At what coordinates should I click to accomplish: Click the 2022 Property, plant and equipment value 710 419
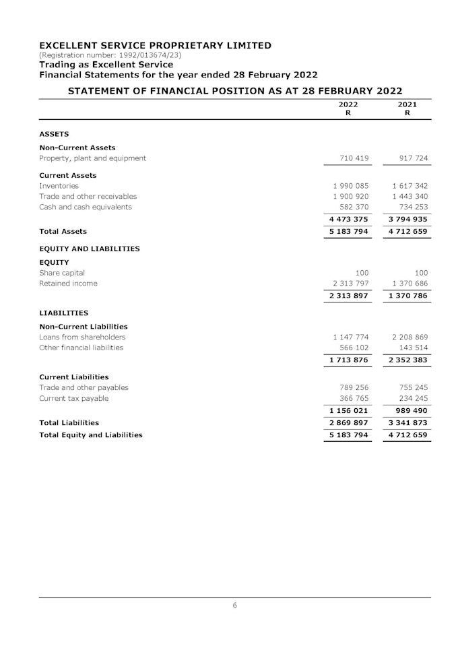tap(351, 158)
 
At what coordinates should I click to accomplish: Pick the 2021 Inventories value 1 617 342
tap(410, 186)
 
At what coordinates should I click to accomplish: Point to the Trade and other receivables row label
tap(88, 197)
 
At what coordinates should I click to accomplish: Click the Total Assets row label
tap(63, 232)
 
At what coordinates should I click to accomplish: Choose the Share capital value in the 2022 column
tap(362, 273)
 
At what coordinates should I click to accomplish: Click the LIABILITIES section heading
tap(64, 313)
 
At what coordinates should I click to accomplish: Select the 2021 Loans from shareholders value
tap(410, 337)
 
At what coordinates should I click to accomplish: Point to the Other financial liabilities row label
tap(81, 348)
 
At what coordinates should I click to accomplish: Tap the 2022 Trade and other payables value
tap(351, 388)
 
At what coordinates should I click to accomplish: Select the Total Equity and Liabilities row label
tap(91, 435)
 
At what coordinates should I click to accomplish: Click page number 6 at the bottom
tap(234, 606)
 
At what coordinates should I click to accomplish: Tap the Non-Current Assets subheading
tap(77, 148)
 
